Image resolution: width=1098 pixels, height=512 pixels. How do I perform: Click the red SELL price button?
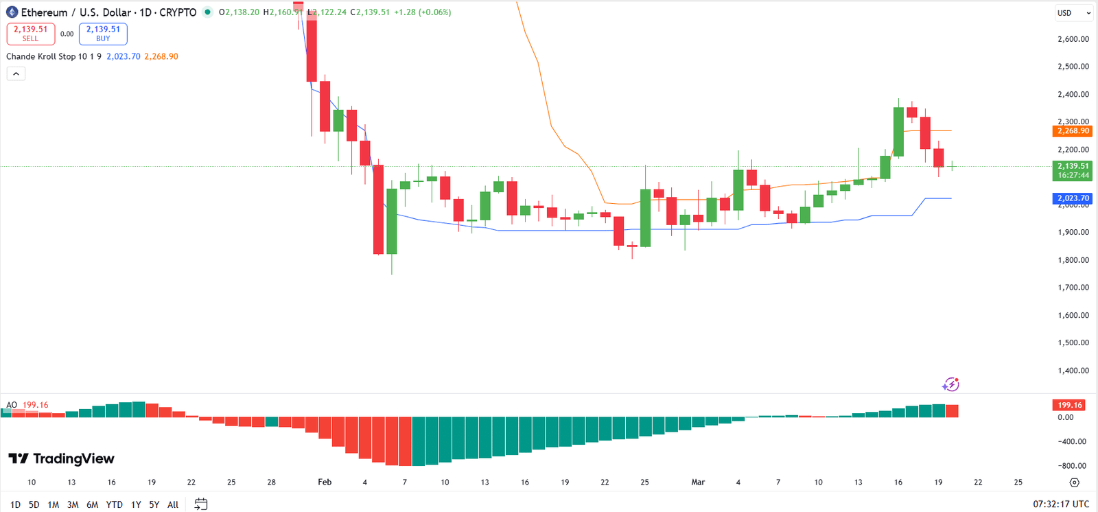[31, 34]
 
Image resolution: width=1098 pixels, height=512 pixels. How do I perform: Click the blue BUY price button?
[103, 34]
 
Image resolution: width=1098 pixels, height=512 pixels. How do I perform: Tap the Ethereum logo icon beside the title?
[12, 12]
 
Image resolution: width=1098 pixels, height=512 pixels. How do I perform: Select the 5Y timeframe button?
[154, 504]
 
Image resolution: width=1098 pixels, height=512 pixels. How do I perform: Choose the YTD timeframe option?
[114, 504]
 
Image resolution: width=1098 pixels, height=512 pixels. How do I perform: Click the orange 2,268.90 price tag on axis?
[1073, 130]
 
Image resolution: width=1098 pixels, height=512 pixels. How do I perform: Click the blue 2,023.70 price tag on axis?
[1073, 198]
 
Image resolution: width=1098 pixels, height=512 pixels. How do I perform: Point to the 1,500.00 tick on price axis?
[1073, 342]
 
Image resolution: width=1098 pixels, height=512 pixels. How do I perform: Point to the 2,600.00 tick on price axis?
[1073, 39]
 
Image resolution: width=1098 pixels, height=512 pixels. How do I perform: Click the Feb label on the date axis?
[325, 482]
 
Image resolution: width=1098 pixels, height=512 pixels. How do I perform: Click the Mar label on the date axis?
[698, 482]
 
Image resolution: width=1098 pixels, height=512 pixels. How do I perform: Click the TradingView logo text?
[62, 458]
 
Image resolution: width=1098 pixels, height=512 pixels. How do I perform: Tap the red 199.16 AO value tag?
[1069, 405]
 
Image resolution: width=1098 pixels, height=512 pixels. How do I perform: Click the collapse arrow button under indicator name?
[16, 73]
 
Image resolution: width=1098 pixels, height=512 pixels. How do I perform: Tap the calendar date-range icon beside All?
[200, 504]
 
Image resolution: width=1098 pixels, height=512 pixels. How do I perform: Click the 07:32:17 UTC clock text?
[1061, 504]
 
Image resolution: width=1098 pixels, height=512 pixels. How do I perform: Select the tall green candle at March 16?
[898, 132]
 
